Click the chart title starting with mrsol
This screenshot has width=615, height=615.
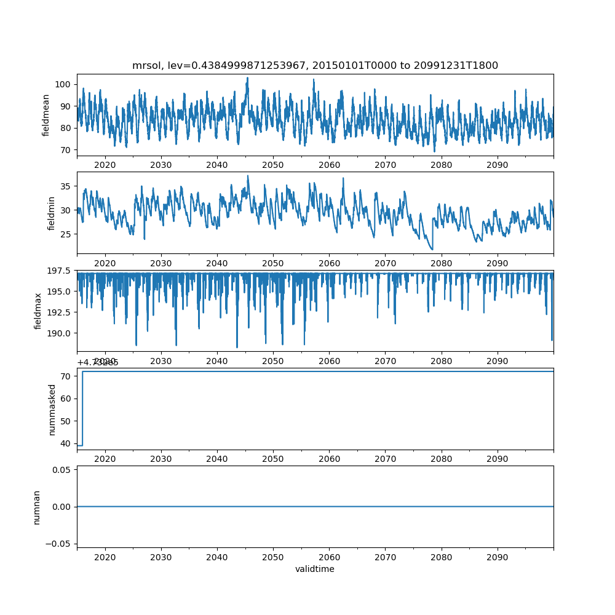tap(315, 65)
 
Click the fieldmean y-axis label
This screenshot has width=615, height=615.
tap(46, 115)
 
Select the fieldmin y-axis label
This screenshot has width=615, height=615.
tap(52, 213)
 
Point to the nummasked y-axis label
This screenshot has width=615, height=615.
tap(52, 410)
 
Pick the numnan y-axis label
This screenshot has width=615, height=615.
tap(36, 507)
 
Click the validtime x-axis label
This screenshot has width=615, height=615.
tap(315, 569)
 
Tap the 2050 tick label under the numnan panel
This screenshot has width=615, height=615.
tap(273, 557)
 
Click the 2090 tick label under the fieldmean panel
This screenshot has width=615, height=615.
tap(497, 165)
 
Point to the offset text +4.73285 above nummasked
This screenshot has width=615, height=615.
tap(98, 363)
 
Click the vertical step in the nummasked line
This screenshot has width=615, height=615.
tap(82, 408)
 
